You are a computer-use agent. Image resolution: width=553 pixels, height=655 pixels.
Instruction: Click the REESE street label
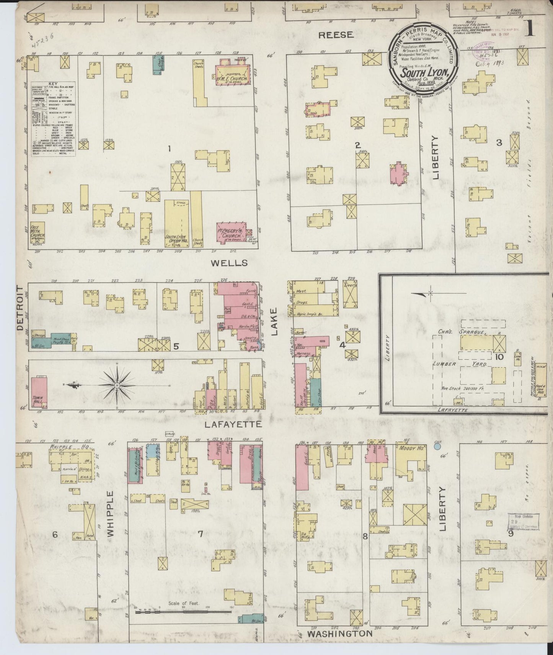pyautogui.click(x=336, y=35)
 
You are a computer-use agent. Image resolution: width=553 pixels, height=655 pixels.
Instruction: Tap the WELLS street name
pyautogui.click(x=229, y=263)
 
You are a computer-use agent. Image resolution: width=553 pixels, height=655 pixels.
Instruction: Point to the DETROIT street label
pyautogui.click(x=20, y=307)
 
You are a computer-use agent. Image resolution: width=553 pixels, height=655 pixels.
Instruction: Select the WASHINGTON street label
pyautogui.click(x=340, y=634)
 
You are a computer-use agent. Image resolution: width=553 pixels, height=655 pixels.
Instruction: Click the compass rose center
pyautogui.click(x=116, y=384)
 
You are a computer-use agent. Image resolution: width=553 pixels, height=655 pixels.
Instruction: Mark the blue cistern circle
pyautogui.click(x=438, y=446)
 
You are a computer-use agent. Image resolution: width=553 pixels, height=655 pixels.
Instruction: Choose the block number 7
pyautogui.click(x=200, y=534)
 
